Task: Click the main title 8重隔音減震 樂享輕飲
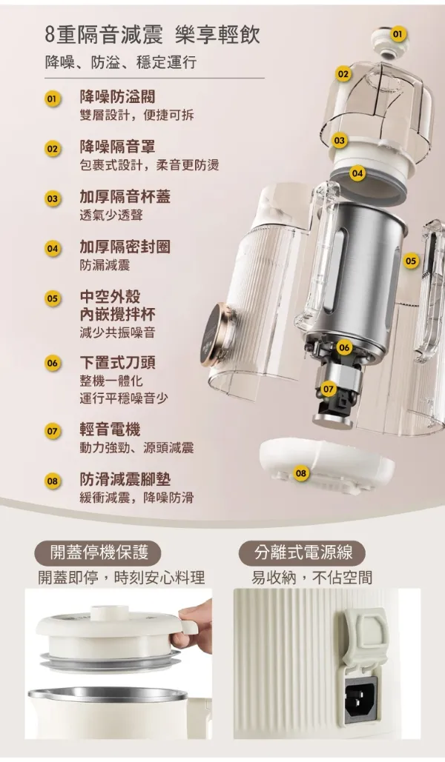[x=152, y=36]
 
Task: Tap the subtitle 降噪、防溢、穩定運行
[x=121, y=61]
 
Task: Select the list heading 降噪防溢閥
[x=117, y=97]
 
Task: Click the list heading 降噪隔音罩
[x=117, y=147]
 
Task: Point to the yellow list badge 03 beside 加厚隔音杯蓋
[x=52, y=198]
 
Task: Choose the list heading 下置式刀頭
[x=117, y=363]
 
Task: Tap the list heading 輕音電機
[x=110, y=430]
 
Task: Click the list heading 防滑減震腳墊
[x=125, y=479]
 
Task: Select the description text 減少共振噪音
[x=117, y=333]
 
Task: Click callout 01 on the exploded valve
[x=398, y=33]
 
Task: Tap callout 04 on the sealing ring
[x=357, y=173]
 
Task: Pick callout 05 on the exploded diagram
[x=411, y=261]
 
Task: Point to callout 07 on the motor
[x=329, y=389]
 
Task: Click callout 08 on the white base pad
[x=301, y=473]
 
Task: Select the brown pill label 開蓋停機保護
[x=99, y=553]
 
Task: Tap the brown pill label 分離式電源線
[x=303, y=553]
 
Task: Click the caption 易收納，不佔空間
[x=311, y=578]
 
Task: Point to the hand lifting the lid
[x=194, y=627]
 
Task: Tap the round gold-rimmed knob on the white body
[x=217, y=335]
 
